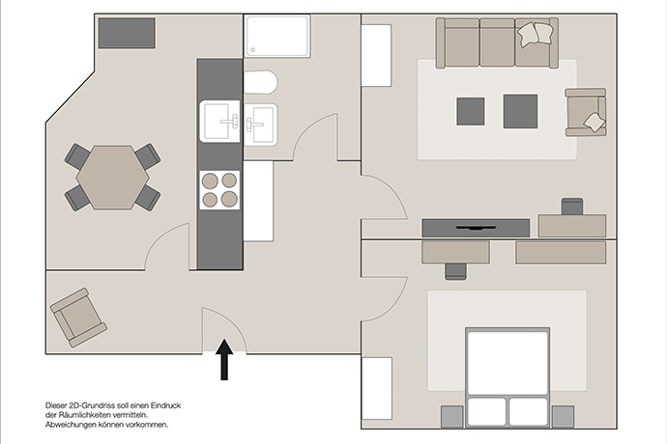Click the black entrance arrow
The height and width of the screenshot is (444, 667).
[224, 359]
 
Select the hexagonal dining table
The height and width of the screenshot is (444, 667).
[113, 178]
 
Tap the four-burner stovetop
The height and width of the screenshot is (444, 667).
[219, 190]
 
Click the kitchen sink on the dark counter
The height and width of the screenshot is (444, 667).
[220, 122]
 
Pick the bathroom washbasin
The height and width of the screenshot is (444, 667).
[260, 124]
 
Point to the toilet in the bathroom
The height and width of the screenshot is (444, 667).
[260, 83]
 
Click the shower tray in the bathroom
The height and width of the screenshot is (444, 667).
[277, 36]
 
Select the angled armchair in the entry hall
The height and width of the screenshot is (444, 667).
[78, 318]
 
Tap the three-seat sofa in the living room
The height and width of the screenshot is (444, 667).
[497, 42]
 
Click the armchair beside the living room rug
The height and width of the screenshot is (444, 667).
[586, 112]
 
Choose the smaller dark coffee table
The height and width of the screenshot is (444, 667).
[471, 111]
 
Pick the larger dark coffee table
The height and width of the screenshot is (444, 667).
[520, 111]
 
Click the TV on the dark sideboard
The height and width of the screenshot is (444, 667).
[476, 228]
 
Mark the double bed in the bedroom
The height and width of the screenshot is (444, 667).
[507, 377]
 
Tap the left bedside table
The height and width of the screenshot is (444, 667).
[451, 417]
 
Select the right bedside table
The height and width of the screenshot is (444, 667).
[563, 417]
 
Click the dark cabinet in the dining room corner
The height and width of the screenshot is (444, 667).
[127, 33]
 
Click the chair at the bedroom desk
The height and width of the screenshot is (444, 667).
[455, 271]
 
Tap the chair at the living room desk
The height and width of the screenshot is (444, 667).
[572, 207]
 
